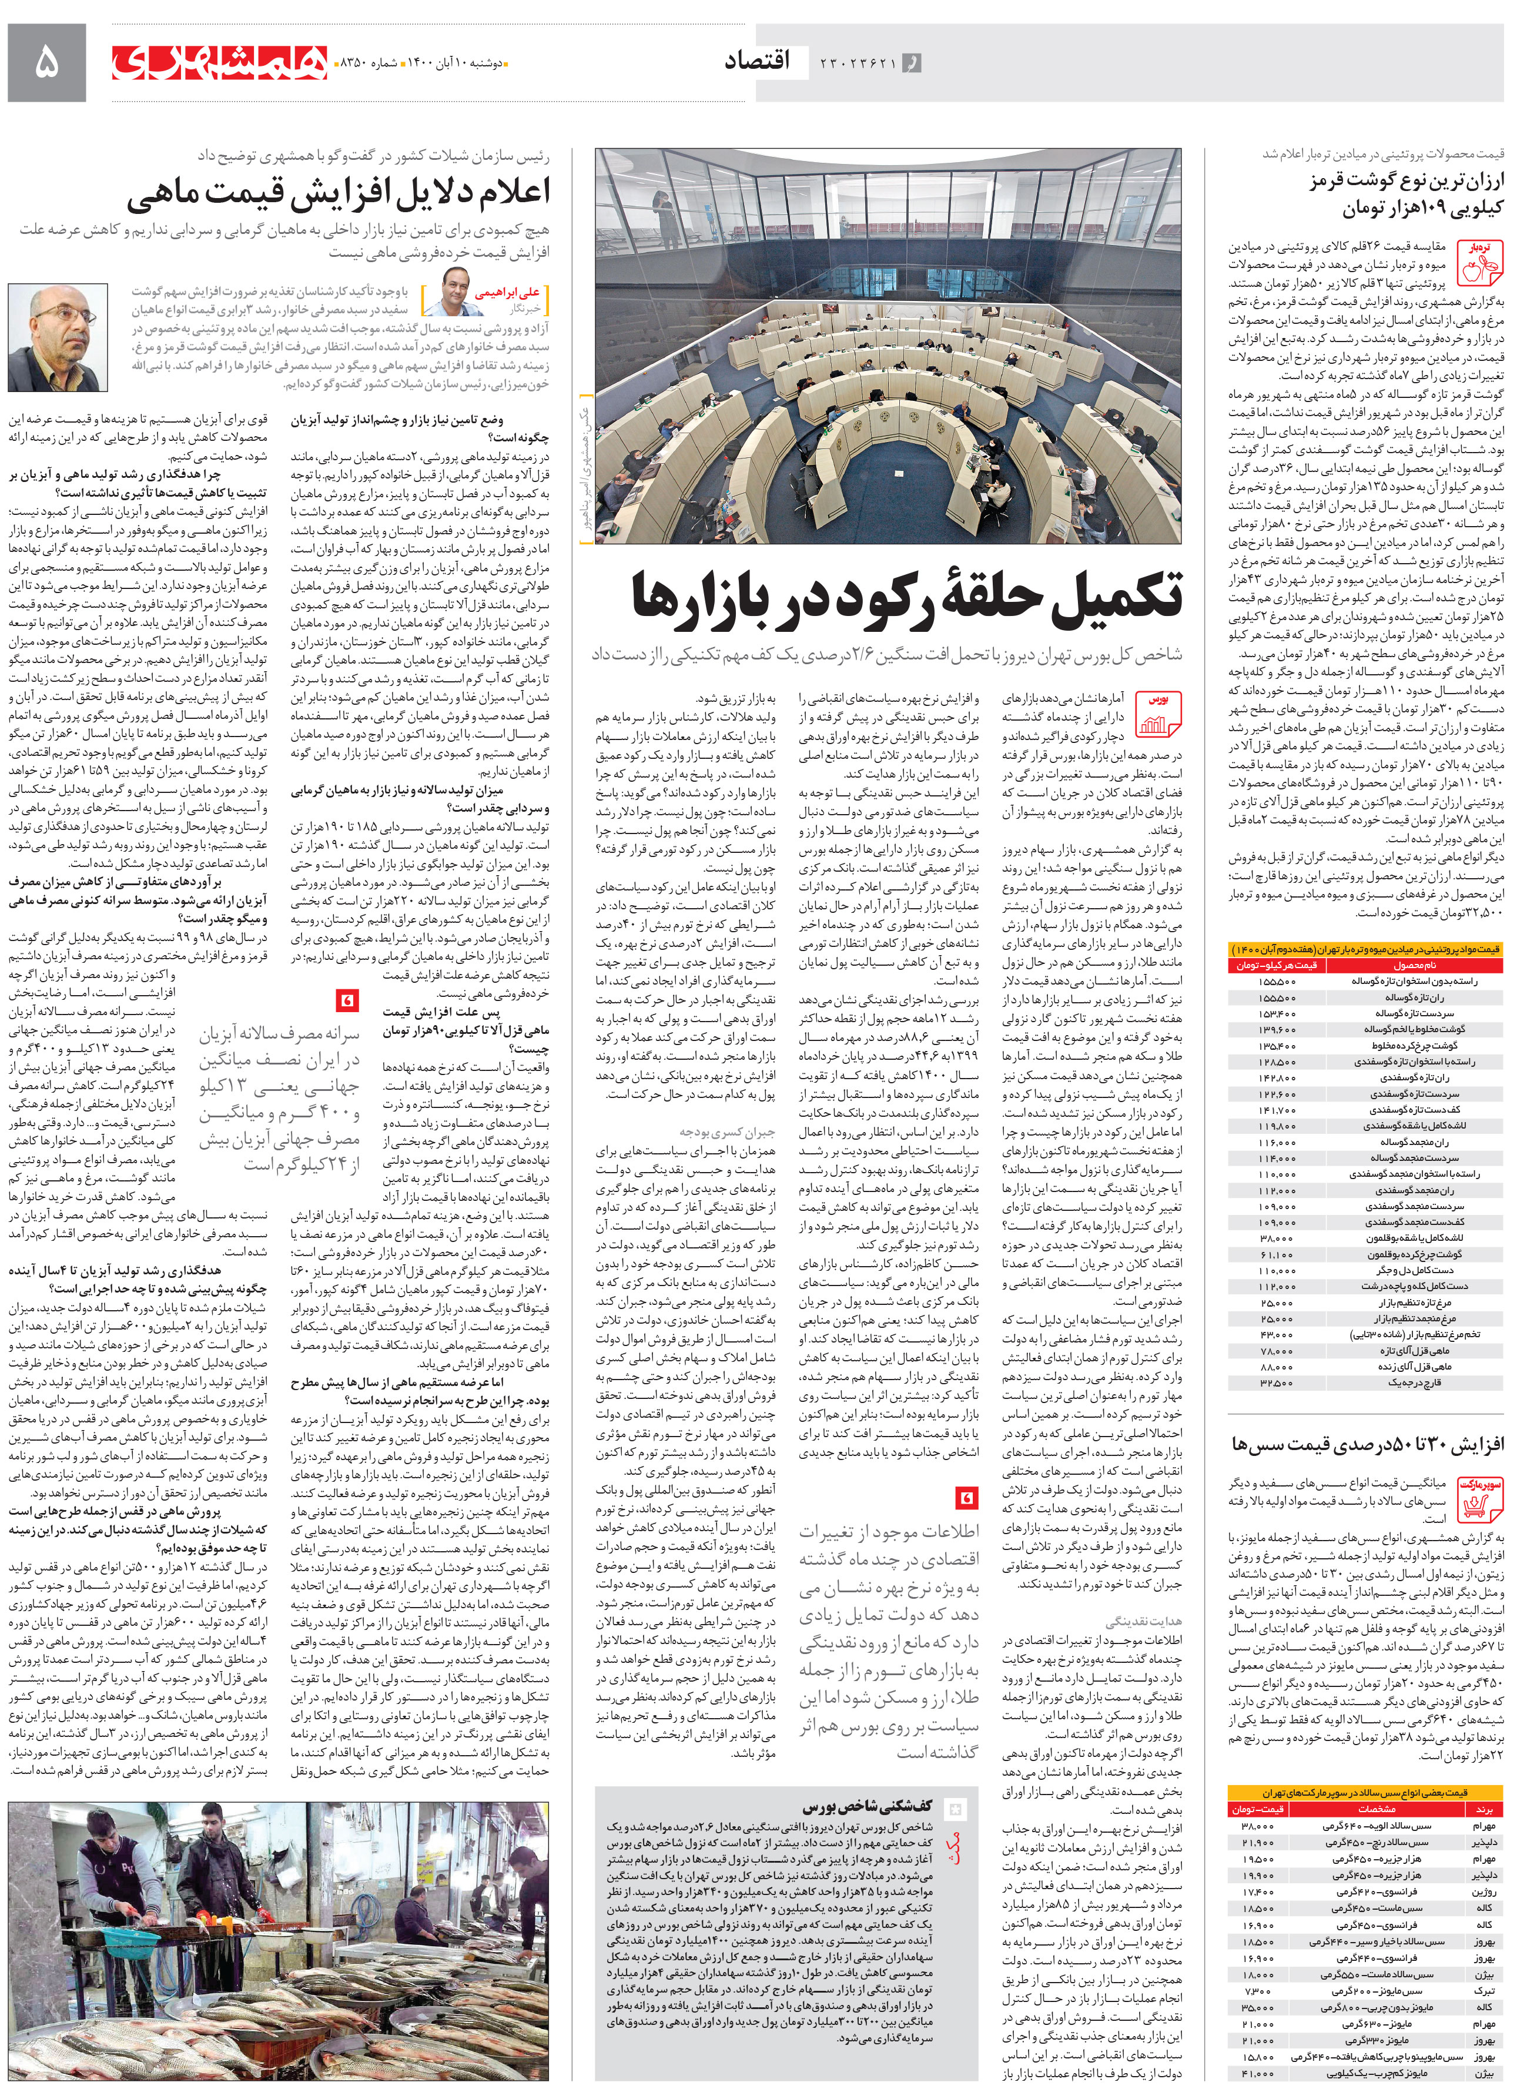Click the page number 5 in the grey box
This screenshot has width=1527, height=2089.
[x=46, y=63]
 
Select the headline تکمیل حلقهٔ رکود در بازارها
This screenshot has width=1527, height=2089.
[x=906, y=594]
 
